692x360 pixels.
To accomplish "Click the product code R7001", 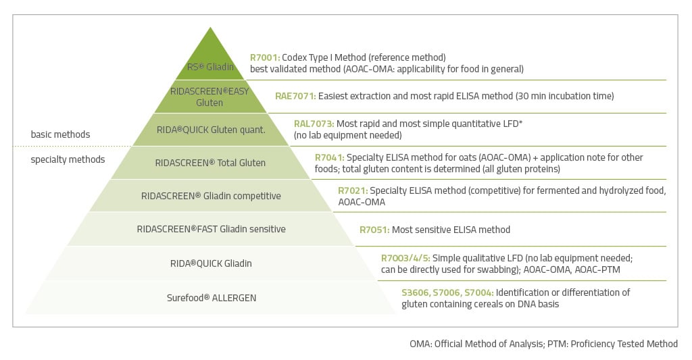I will pyautogui.click(x=264, y=57).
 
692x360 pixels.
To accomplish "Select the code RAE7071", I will pyautogui.click(x=295, y=96).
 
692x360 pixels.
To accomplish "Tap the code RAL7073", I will pyautogui.click(x=314, y=124).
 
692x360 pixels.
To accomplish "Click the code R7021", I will pyautogui.click(x=353, y=190).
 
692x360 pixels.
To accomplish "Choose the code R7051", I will pyautogui.click(x=374, y=230).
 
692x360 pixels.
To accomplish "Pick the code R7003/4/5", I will pyautogui.click(x=405, y=258).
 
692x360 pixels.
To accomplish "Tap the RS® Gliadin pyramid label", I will pyautogui.click(x=211, y=67).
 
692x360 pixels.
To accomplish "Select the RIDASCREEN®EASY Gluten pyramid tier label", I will pyautogui.click(x=209, y=97).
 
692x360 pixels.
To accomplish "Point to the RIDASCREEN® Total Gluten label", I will pyautogui.click(x=210, y=163).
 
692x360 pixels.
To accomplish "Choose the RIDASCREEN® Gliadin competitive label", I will pyautogui.click(x=210, y=196).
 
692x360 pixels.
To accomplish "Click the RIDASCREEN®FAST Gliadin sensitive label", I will pyautogui.click(x=211, y=229).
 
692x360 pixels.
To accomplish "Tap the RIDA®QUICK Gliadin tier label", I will pyautogui.click(x=211, y=263).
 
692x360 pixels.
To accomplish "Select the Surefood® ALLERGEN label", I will pyautogui.click(x=211, y=297).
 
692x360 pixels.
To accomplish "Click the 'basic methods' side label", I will pyautogui.click(x=60, y=134).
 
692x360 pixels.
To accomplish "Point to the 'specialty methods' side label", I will pyautogui.click(x=68, y=159).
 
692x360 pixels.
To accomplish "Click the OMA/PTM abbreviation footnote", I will pyautogui.click(x=543, y=344).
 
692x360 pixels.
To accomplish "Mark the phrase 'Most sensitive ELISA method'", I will pyautogui.click(x=451, y=230).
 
